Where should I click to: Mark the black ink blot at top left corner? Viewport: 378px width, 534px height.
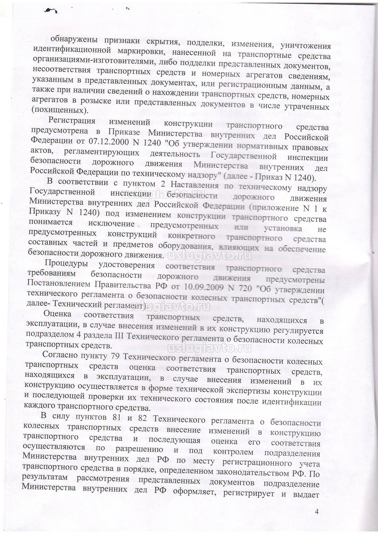pos(50,10)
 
